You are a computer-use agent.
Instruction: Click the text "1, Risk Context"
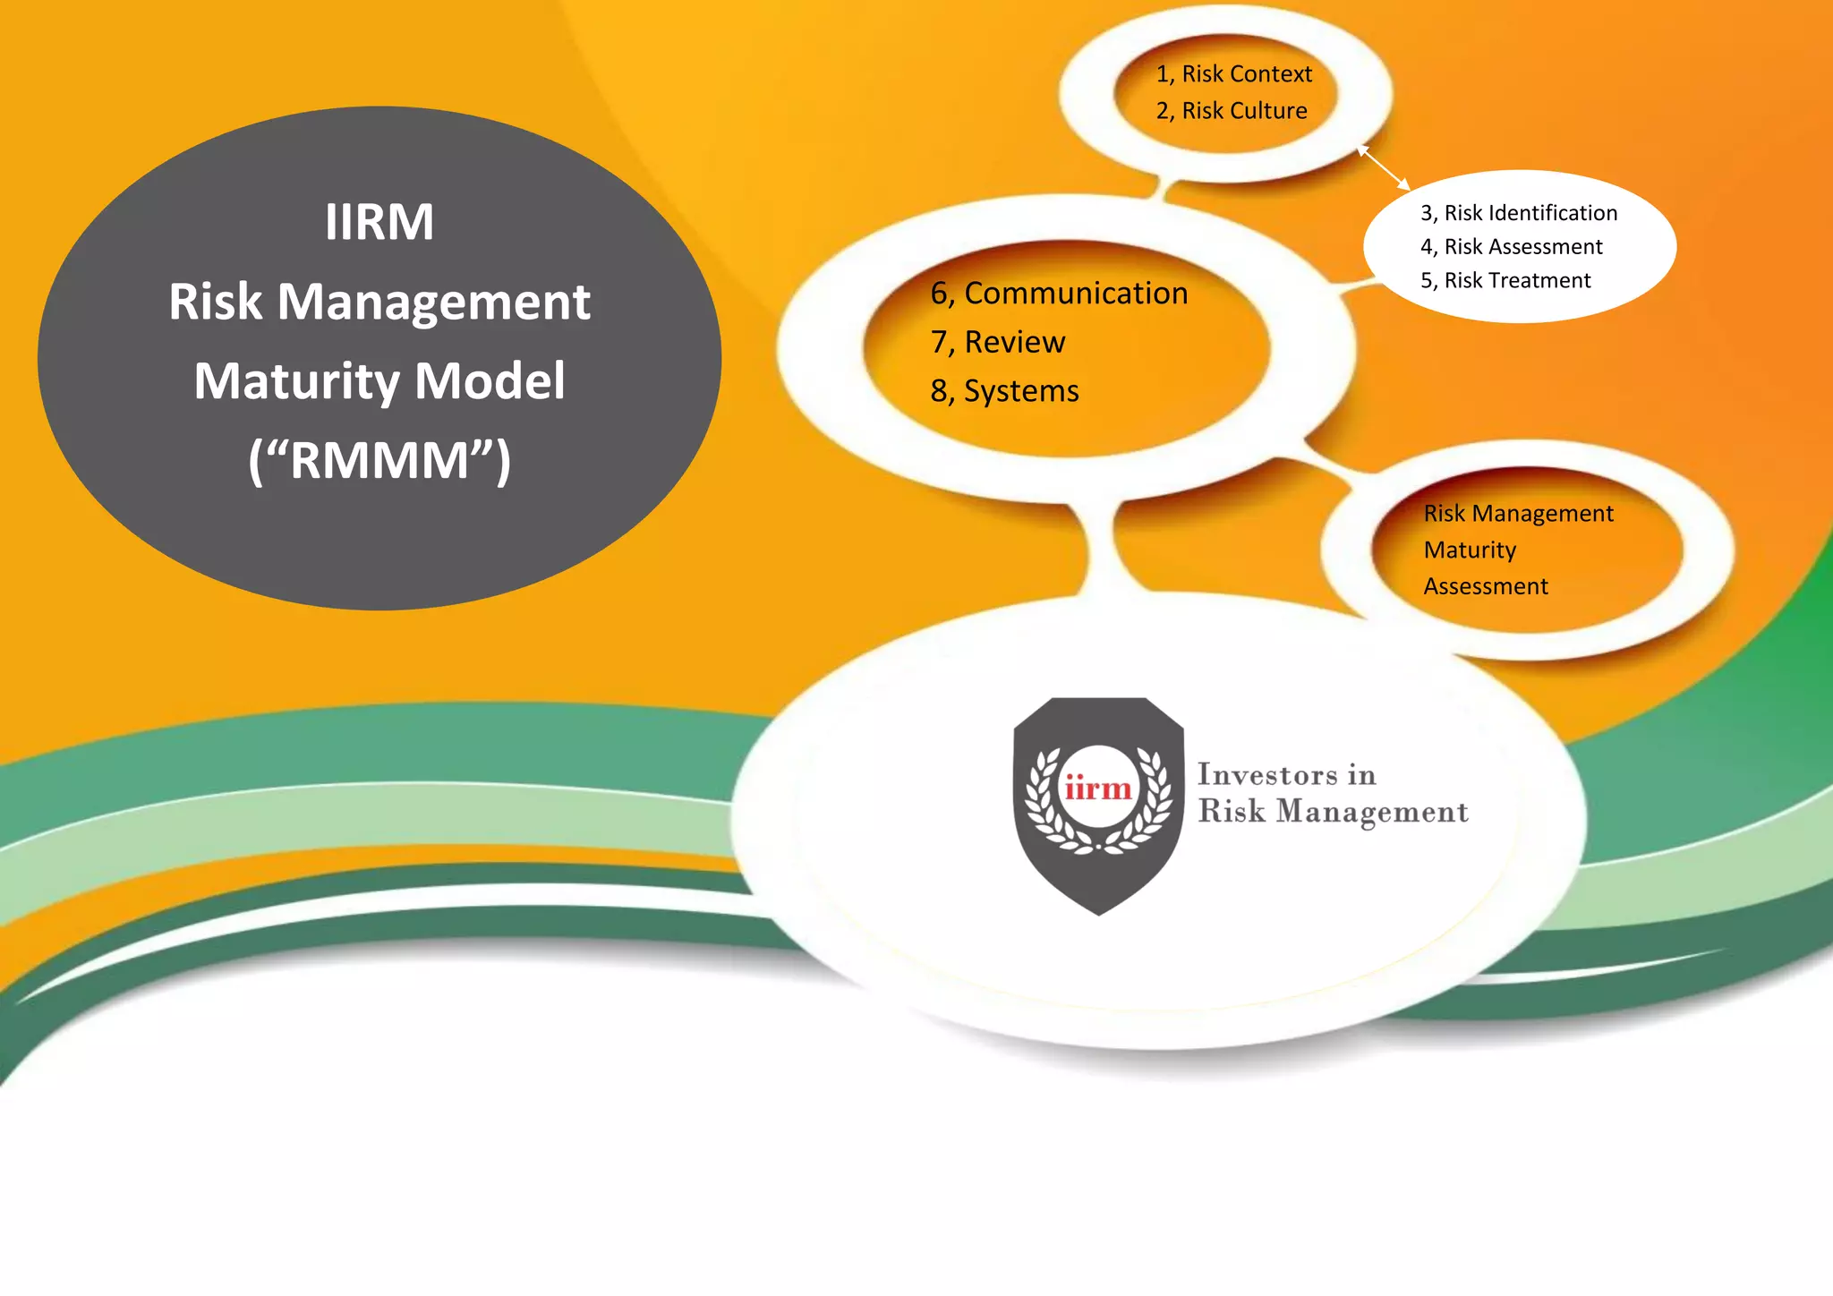(1233, 74)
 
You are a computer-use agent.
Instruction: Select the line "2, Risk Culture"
(1232, 111)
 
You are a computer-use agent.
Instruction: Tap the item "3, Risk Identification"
(1519, 213)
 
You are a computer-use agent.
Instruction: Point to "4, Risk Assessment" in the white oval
(1512, 247)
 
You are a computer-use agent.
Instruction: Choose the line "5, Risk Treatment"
(1505, 281)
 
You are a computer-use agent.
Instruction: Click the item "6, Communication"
(1059, 294)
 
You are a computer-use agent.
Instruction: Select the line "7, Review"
(998, 343)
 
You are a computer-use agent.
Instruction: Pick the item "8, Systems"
(1004, 392)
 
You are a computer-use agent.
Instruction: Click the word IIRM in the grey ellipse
(379, 222)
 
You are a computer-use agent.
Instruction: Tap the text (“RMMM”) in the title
(379, 461)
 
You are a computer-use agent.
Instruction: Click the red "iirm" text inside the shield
(1098, 789)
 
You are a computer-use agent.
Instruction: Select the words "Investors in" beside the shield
(1286, 774)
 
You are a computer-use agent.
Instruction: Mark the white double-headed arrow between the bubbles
(1384, 168)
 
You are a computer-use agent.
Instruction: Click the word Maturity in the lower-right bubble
(1470, 550)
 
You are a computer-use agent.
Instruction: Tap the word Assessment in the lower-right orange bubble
(1486, 587)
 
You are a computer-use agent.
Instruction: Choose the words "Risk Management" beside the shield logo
(1333, 812)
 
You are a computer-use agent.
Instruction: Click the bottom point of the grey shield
(1099, 913)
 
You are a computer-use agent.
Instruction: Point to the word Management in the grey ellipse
(434, 303)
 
